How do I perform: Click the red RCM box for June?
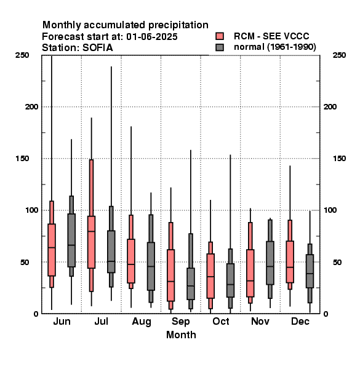[x=52, y=250]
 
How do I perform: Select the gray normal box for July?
[x=111, y=252]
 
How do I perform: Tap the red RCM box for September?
[x=170, y=276]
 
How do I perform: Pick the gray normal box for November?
[x=270, y=263]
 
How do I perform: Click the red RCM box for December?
[x=290, y=262]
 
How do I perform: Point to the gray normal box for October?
[x=230, y=280]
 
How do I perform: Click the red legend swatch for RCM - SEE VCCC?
[x=220, y=36]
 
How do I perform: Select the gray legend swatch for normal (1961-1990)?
[x=220, y=47]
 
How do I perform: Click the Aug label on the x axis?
[x=142, y=322]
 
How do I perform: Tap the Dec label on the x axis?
[x=300, y=321]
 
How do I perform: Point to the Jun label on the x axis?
[x=62, y=321]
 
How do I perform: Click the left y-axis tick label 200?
[x=31, y=106]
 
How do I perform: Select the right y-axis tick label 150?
[x=339, y=159]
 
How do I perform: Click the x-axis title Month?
[x=181, y=335]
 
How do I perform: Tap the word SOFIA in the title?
[x=98, y=48]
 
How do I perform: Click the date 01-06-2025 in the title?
[x=152, y=37]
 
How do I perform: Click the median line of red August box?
[x=131, y=264]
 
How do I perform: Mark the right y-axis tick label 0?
[x=326, y=314]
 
